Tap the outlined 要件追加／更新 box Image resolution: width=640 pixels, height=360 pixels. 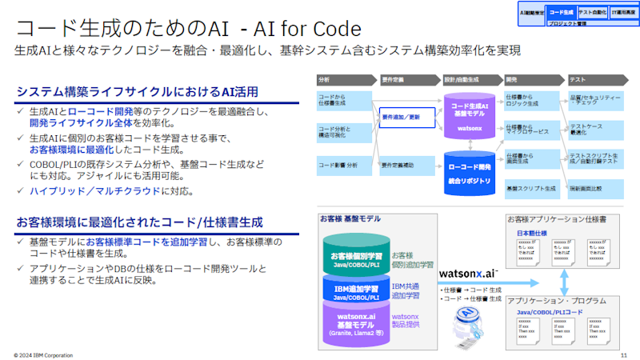[x=405, y=119]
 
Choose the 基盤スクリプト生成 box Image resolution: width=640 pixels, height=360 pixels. [x=531, y=189]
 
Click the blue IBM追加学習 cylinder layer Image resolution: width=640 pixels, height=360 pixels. [x=355, y=290]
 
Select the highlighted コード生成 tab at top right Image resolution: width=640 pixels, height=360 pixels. [x=562, y=12]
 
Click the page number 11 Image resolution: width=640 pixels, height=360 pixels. [x=623, y=353]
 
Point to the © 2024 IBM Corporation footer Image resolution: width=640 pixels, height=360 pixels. [x=44, y=353]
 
